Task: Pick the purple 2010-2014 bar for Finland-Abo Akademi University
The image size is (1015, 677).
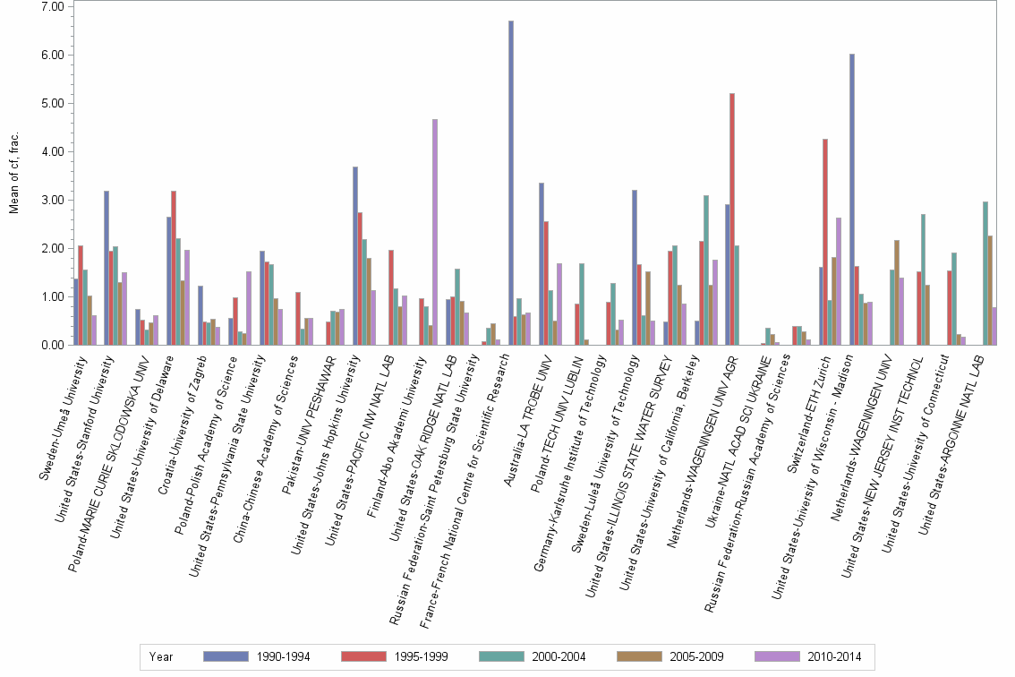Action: pos(435,232)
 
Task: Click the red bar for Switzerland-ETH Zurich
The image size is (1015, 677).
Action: pos(825,242)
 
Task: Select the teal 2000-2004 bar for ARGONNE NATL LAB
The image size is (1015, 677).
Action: pos(985,273)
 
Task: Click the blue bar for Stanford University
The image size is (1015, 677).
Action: pos(107,268)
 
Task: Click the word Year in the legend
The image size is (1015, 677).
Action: pos(162,656)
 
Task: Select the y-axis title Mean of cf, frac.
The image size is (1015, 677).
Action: pos(13,174)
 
